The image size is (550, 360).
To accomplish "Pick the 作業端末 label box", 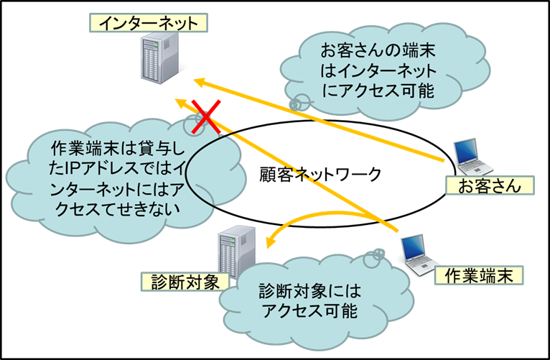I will click(480, 274).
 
